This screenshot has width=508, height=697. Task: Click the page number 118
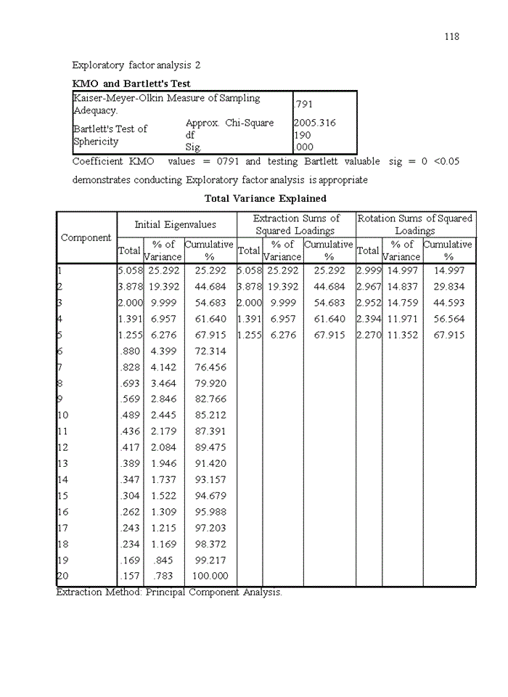point(451,36)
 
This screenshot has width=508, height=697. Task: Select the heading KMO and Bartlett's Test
point(131,83)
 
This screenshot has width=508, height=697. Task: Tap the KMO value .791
point(303,105)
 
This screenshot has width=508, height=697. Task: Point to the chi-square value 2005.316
point(314,123)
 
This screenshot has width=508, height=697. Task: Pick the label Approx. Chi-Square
point(229,123)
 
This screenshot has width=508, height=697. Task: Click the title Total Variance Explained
point(265,198)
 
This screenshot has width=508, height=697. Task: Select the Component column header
point(86,237)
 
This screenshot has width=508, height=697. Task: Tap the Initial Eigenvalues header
point(175,224)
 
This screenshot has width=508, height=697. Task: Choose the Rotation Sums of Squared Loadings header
point(414,224)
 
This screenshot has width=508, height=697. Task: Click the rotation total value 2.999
point(369,270)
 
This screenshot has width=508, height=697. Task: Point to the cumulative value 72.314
point(210,351)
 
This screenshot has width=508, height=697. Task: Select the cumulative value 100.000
point(210,576)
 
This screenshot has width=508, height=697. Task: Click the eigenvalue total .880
point(131,351)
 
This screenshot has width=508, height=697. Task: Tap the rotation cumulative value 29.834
point(448,287)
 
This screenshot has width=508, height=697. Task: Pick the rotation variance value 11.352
point(402,335)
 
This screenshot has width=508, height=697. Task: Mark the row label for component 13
point(62,464)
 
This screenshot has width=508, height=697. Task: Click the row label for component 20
point(62,576)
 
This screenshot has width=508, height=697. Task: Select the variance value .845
point(163,561)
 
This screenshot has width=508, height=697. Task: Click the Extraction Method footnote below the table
point(169,592)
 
